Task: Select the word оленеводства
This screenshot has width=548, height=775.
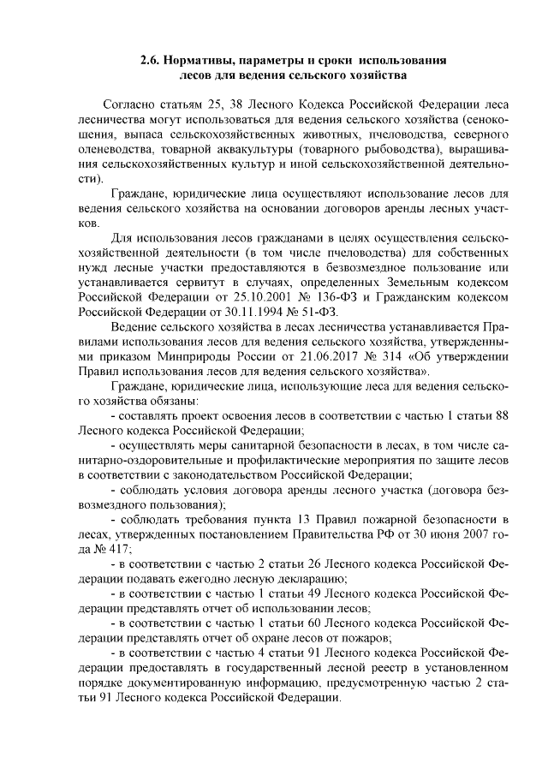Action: [x=113, y=150]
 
